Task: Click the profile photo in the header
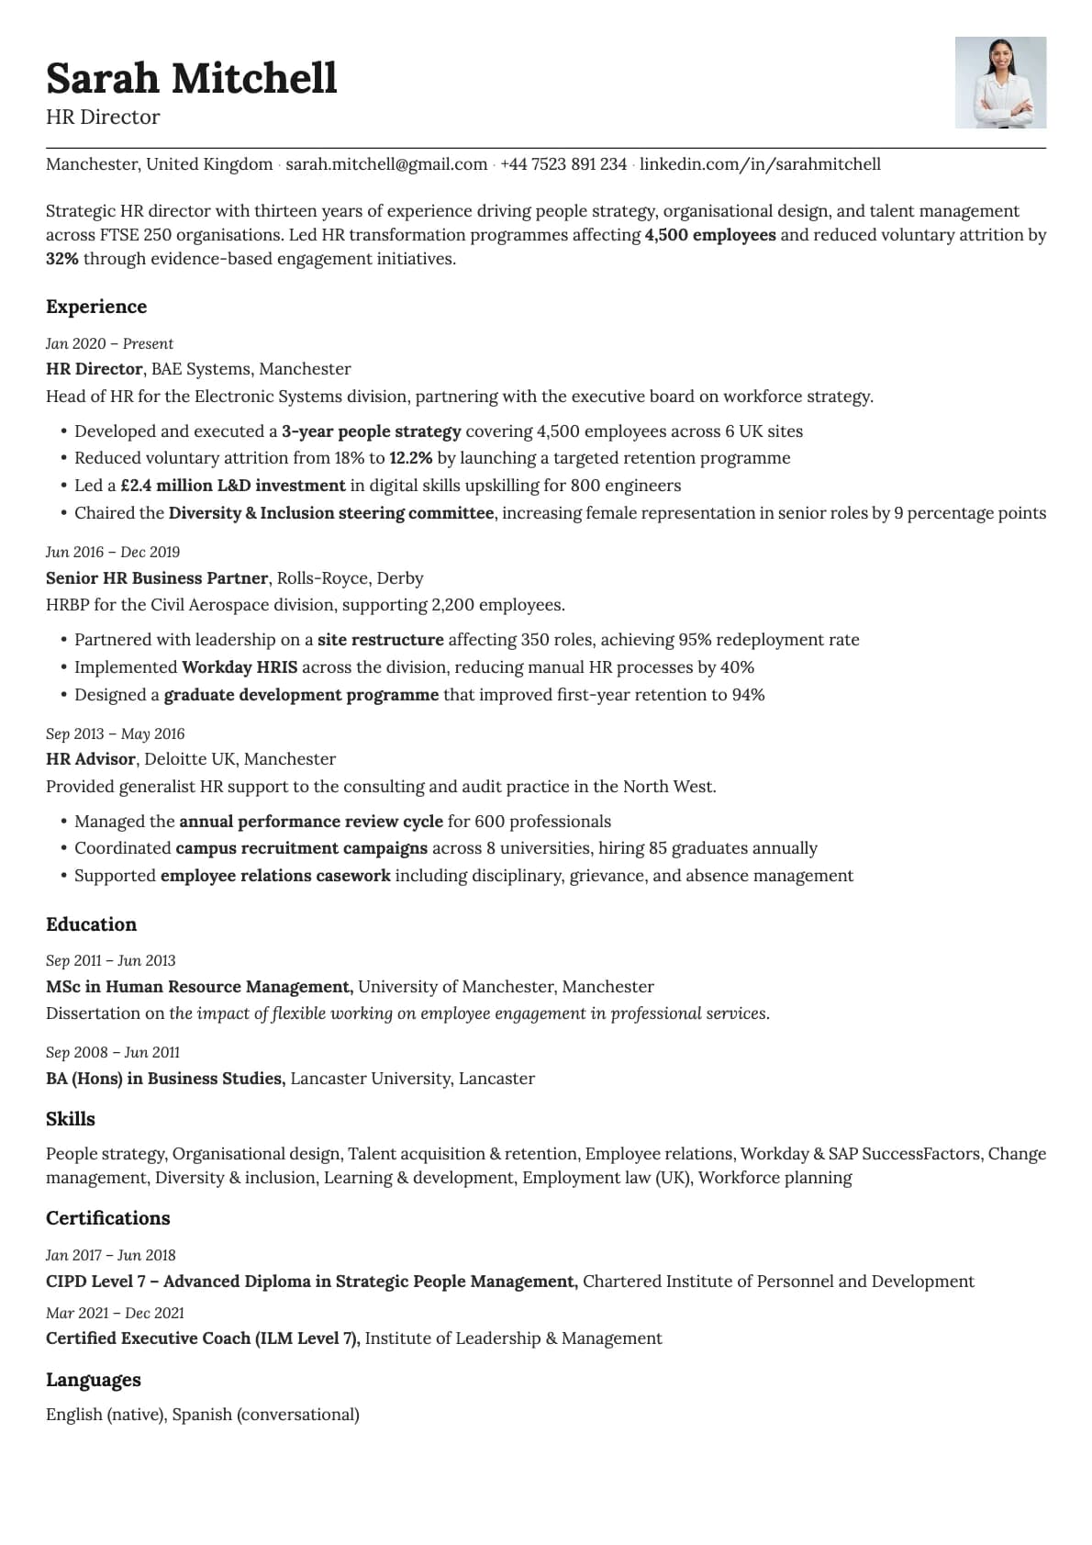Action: point(1000,83)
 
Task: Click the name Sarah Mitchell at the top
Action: point(192,78)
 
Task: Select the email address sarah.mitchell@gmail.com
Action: point(386,164)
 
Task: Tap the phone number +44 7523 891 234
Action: point(563,164)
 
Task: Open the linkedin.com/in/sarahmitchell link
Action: point(760,164)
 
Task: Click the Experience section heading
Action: point(96,307)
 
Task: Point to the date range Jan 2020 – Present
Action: point(109,343)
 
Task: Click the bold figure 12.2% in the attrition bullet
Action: point(411,458)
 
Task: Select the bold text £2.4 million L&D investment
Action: point(233,486)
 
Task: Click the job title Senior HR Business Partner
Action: point(157,578)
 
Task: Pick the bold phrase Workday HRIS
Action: point(240,667)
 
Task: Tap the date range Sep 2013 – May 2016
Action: point(115,733)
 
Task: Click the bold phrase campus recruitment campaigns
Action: point(301,848)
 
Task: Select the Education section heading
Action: point(91,924)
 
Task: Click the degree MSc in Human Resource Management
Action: point(199,987)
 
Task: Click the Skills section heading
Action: point(71,1119)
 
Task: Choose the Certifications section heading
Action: point(108,1218)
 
